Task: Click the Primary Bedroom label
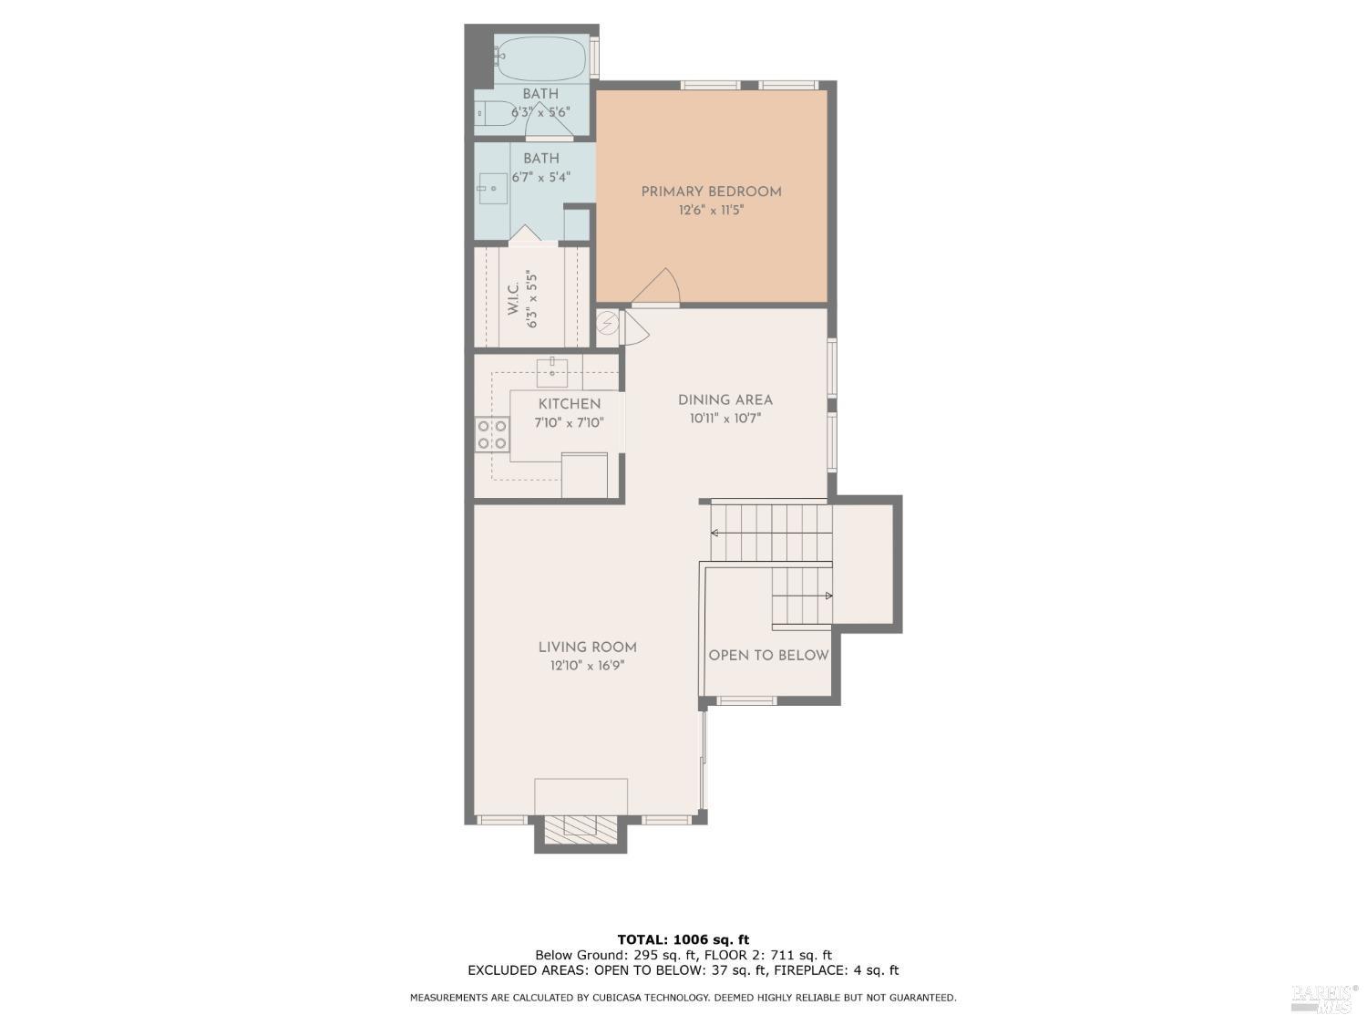(x=711, y=192)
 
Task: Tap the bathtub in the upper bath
(x=540, y=58)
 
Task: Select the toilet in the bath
(x=494, y=114)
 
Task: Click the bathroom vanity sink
(x=493, y=189)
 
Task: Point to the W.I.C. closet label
(x=513, y=299)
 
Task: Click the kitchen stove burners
(x=492, y=434)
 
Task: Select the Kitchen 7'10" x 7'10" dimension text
(x=569, y=423)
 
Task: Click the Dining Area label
(x=725, y=399)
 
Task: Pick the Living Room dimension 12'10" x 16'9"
(x=587, y=666)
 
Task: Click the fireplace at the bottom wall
(x=581, y=826)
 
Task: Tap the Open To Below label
(x=768, y=655)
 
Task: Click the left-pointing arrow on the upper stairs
(x=716, y=533)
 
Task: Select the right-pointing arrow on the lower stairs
(x=827, y=596)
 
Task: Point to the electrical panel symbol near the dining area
(x=607, y=323)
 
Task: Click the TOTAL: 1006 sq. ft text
(x=683, y=939)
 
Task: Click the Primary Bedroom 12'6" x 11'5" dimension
(x=711, y=211)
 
